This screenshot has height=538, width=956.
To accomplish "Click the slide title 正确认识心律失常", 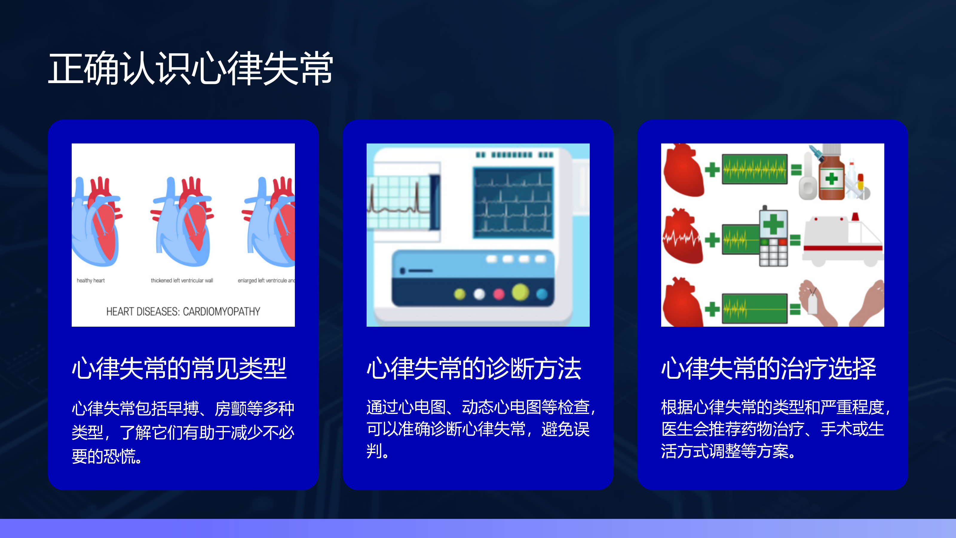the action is (x=190, y=68).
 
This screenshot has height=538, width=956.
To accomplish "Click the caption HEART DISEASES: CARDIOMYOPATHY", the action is (x=183, y=311).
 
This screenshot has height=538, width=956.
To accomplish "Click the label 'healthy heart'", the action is (x=91, y=280).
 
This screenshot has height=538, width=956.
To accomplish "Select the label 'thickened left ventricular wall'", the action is (x=182, y=280).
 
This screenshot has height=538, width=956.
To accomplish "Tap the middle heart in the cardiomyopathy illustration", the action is (x=182, y=221).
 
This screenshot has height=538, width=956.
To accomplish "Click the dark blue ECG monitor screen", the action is (x=513, y=203).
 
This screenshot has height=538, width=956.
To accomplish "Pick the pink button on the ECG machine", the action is (x=499, y=294).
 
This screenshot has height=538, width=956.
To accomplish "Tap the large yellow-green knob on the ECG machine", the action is (x=520, y=292).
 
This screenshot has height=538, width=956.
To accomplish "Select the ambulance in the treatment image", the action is (x=843, y=239).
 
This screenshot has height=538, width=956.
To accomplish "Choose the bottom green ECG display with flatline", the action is (x=754, y=308).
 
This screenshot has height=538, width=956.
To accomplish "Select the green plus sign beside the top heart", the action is (x=712, y=170).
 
